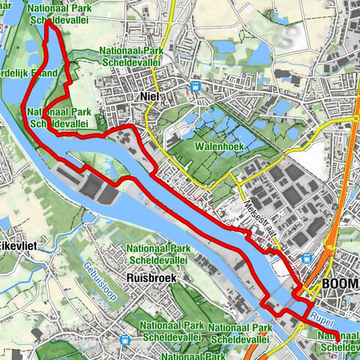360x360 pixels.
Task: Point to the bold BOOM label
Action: (340, 286)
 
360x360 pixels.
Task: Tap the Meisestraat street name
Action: (259, 220)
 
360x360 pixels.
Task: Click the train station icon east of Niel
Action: (196, 86)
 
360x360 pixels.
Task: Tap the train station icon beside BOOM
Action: (307, 257)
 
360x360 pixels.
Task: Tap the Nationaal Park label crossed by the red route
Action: (60, 117)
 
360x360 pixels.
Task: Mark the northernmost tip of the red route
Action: (49, 22)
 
